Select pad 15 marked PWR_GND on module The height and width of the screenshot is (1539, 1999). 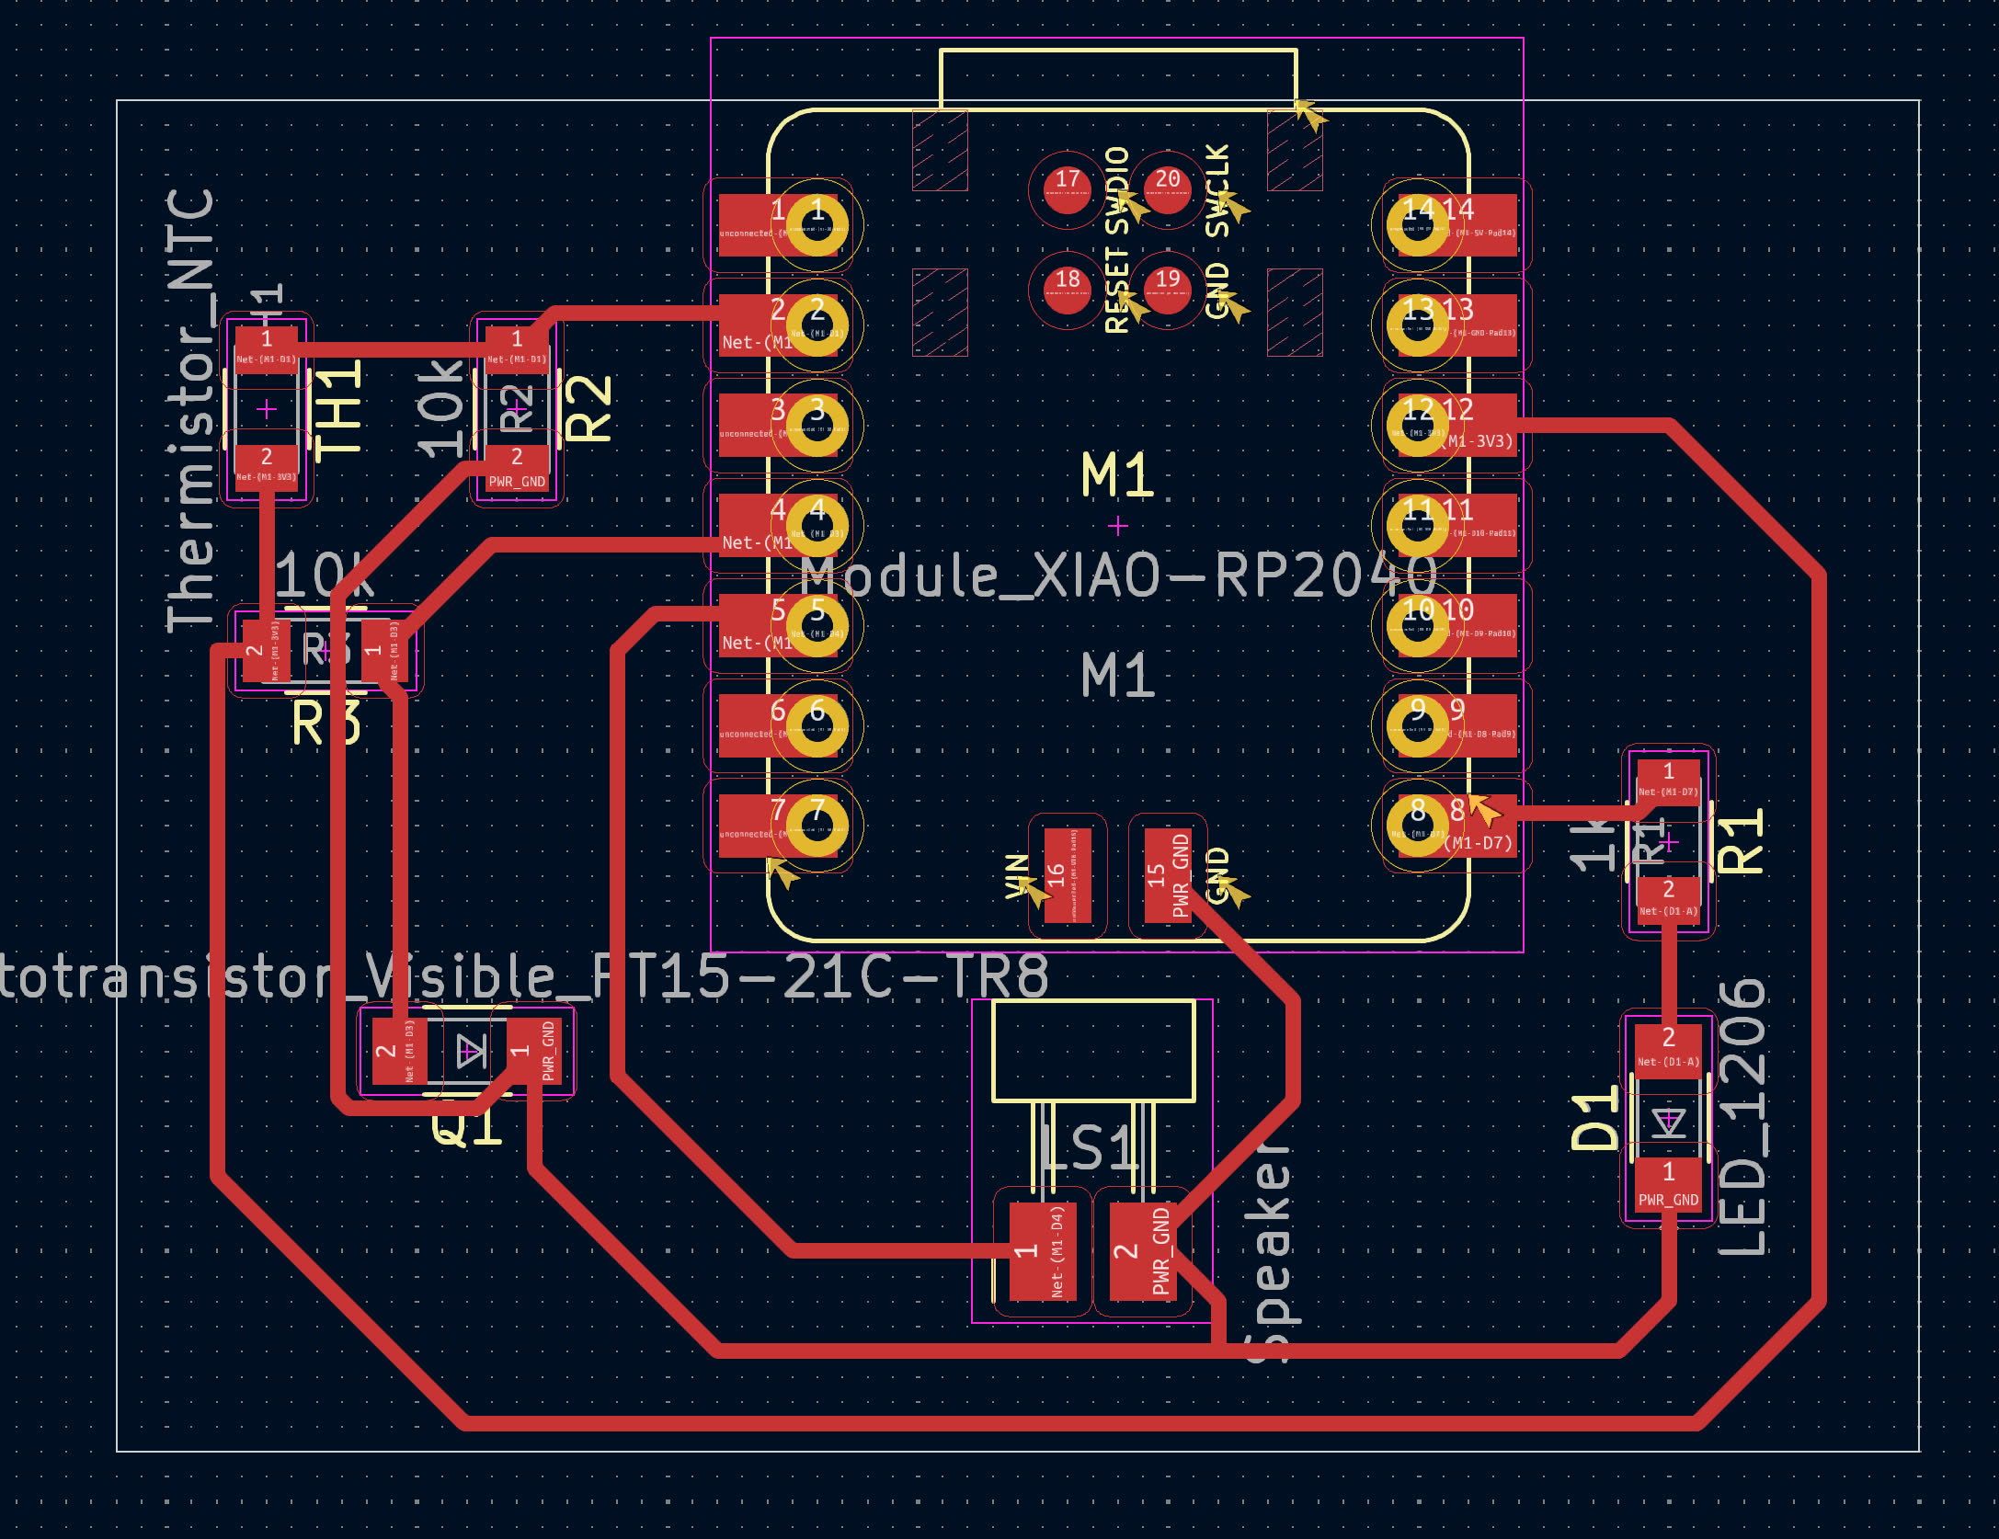pos(1168,875)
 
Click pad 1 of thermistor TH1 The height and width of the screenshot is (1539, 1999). pos(267,348)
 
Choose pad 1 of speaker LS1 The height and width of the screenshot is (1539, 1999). pos(1043,1251)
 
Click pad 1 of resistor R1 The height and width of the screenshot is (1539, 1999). pos(1668,780)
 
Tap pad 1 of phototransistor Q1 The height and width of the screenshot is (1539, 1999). pos(533,1050)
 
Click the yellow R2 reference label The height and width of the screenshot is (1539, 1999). pos(588,408)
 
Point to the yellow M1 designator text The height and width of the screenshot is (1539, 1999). pos(1117,475)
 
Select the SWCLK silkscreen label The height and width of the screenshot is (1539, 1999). pos(1217,190)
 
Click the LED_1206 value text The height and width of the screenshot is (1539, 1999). pos(1743,1116)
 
